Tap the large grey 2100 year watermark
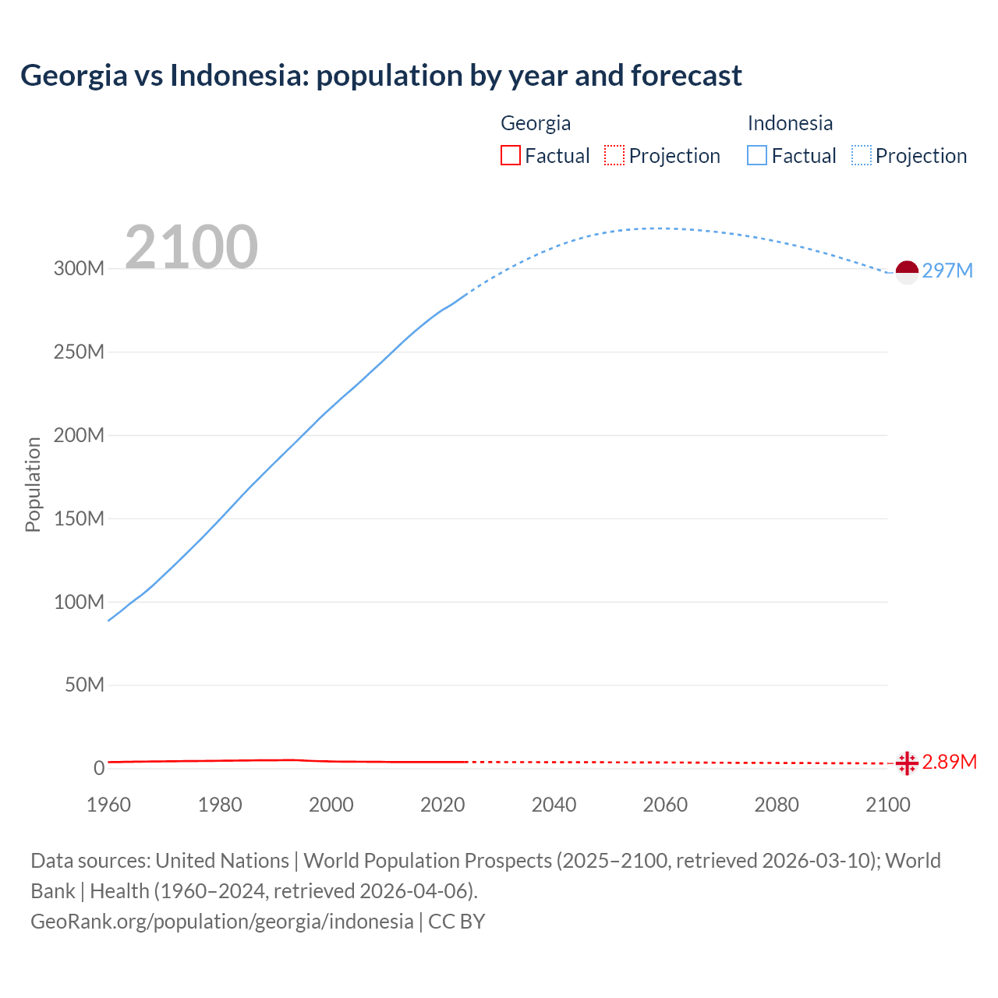[191, 247]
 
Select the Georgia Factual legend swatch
[510, 156]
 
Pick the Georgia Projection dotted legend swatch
[614, 156]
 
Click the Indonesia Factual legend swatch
[756, 156]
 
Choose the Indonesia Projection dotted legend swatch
[861, 156]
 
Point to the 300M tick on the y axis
[79, 269]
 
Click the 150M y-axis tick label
[79, 518]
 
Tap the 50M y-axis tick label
[84, 685]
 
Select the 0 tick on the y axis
[99, 768]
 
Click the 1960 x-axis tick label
[108, 805]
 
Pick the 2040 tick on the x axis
[554, 805]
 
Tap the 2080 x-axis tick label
[777, 805]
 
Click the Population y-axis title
[33, 484]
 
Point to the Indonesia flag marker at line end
[907, 272]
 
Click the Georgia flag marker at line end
[907, 763]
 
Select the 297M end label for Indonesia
[947, 271]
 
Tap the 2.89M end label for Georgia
[949, 762]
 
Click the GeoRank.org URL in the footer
[222, 922]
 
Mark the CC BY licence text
[457, 922]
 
